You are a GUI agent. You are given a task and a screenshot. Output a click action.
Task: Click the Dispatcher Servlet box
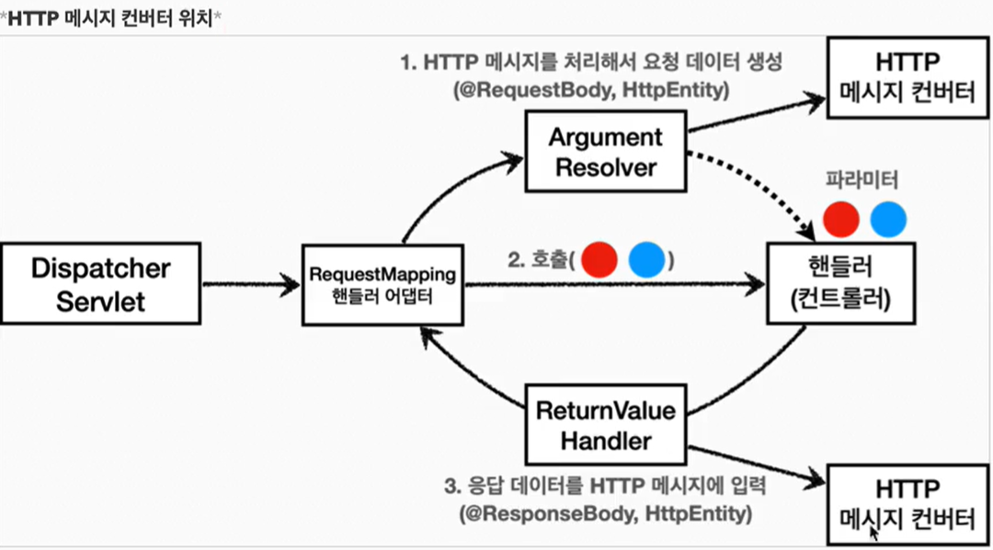point(101,284)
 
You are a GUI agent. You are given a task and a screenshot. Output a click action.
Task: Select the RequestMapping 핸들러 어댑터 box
point(383,284)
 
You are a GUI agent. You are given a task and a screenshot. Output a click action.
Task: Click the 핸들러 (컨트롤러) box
point(841,283)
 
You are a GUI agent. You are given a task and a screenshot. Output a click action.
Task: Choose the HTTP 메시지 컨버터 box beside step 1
point(907,76)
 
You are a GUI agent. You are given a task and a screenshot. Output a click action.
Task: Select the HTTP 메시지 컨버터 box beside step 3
point(907,504)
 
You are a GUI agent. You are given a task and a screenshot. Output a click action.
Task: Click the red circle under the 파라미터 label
point(841,219)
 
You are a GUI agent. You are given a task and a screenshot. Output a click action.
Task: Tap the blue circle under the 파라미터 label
point(888,219)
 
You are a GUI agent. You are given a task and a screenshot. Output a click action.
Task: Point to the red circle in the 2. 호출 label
point(599,260)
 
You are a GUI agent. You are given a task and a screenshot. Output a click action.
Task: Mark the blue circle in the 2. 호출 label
point(646,260)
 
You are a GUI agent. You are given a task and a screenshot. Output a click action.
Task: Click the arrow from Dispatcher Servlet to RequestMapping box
point(251,284)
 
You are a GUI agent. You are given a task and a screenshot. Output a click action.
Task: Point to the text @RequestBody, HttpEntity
point(591,91)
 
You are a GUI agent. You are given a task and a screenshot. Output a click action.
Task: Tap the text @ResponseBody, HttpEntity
point(605,512)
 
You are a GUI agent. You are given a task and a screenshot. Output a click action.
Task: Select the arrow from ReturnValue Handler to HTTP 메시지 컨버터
point(758,467)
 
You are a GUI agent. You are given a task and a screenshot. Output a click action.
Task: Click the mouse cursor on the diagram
point(876,531)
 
